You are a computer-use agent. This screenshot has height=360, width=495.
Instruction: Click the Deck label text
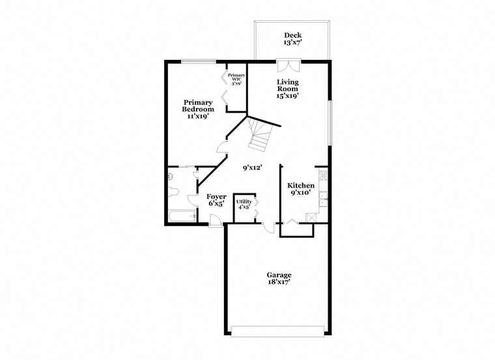click(x=292, y=35)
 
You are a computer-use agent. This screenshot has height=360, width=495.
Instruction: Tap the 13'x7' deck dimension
click(x=292, y=42)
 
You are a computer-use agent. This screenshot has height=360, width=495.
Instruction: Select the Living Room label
click(x=288, y=85)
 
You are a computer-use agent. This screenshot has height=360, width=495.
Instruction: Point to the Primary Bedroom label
click(x=198, y=106)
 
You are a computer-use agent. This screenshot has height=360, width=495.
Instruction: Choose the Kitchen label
click(x=300, y=186)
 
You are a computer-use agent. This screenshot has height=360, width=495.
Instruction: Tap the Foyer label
click(x=216, y=197)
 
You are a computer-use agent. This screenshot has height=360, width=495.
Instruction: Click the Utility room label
click(x=244, y=202)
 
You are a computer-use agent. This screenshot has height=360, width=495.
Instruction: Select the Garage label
click(x=279, y=275)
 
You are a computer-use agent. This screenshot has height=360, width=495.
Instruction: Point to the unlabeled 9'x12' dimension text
click(x=253, y=168)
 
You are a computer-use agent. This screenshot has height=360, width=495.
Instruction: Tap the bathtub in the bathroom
click(x=182, y=216)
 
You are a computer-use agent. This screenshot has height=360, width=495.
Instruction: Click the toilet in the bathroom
click(x=173, y=191)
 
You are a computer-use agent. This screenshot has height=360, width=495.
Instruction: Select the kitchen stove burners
click(x=323, y=175)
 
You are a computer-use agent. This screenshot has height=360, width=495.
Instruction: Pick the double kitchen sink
click(x=323, y=199)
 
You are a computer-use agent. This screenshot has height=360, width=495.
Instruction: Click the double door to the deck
click(x=289, y=65)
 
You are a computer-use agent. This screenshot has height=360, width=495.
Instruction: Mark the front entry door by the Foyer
click(x=216, y=220)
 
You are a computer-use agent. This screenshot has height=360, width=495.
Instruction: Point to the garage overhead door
click(x=278, y=331)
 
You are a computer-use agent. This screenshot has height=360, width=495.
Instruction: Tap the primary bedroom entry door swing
click(x=222, y=146)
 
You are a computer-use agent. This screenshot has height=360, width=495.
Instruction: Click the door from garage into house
click(x=269, y=228)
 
